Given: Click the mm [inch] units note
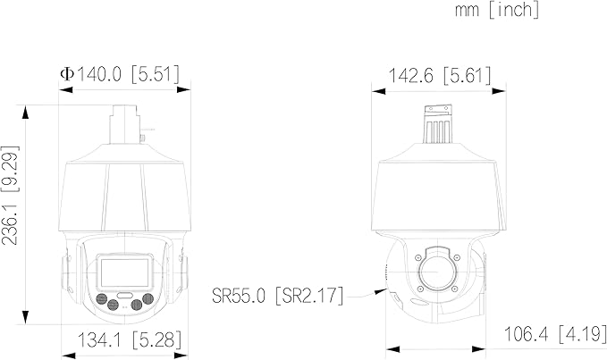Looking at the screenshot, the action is pos(497,9).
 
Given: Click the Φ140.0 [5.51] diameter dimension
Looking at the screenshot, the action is pos(120,74).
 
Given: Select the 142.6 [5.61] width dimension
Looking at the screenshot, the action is pos(439,75).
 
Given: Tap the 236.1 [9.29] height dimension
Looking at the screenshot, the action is pos(10,196).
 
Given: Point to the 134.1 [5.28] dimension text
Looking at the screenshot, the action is pos(130,339).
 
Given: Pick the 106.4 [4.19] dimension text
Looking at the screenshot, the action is pos(555,334).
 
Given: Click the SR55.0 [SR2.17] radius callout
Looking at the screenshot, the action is pos(277,296).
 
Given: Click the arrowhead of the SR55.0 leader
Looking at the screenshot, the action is pos(381,291).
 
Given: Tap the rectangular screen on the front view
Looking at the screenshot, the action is pos(124,272).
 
